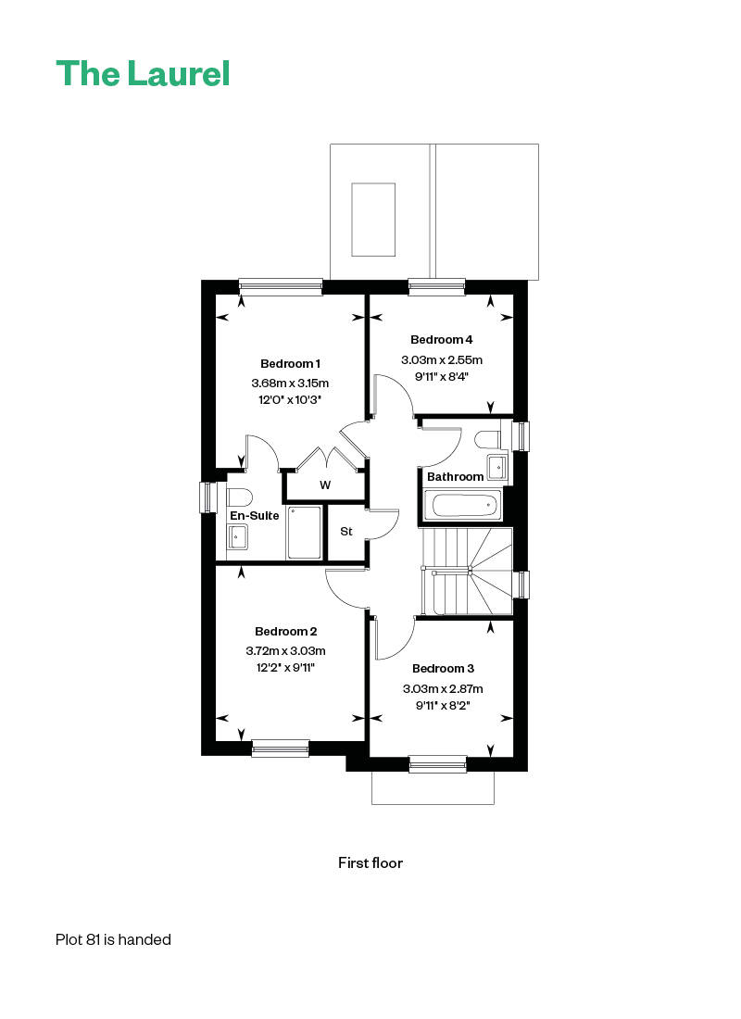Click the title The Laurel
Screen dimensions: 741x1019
click(143, 73)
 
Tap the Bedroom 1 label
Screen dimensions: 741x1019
click(290, 364)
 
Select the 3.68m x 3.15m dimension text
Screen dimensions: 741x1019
click(290, 384)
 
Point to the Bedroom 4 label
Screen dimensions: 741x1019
click(441, 340)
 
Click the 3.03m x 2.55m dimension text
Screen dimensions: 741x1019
click(441, 360)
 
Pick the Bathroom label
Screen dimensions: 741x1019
click(455, 477)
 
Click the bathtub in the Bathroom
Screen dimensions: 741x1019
click(464, 505)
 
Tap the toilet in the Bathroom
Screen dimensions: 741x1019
click(487, 441)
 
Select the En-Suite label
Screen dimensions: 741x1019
click(254, 516)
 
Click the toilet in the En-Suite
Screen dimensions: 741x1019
click(239, 497)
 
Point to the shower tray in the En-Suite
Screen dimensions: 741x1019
click(304, 533)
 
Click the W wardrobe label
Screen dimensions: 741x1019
click(325, 485)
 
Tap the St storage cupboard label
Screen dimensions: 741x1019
click(346, 532)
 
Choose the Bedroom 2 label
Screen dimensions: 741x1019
click(286, 632)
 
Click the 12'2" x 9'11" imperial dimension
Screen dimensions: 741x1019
click(286, 667)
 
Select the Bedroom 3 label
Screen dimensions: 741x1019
click(444, 669)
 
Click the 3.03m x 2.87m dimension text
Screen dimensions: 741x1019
click(444, 689)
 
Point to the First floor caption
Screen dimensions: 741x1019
click(370, 863)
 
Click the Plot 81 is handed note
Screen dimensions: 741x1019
click(113, 939)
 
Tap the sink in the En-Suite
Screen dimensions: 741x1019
click(237, 536)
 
